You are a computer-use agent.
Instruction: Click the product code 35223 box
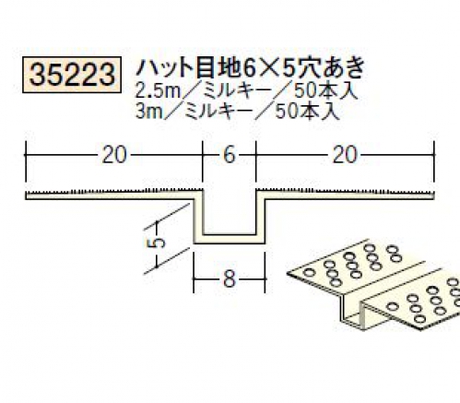[71, 75]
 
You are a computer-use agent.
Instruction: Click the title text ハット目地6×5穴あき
[250, 68]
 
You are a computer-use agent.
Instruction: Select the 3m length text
[149, 111]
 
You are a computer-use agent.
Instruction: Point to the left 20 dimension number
[113, 155]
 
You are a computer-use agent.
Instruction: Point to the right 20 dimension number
[345, 155]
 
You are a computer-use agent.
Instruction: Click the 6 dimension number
[230, 155]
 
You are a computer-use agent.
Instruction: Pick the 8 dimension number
[230, 279]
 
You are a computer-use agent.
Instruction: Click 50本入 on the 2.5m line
[326, 91]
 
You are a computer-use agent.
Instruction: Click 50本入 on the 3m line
[307, 111]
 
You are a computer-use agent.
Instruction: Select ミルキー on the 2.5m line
[237, 91]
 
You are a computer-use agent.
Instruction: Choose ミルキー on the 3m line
[219, 111]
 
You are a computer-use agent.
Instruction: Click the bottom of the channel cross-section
[230, 239]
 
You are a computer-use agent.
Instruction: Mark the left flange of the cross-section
[111, 195]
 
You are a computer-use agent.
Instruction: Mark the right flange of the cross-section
[346, 195]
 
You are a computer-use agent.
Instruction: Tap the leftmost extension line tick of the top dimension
[26, 161]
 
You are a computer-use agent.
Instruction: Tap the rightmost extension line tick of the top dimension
[434, 161]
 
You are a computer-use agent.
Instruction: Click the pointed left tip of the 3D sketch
[289, 273]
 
